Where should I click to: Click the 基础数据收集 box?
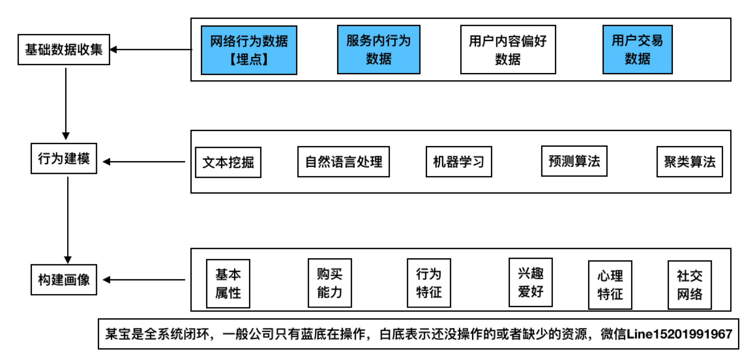64,49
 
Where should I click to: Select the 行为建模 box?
64,158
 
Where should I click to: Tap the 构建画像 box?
64,280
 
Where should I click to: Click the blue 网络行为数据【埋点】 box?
249,50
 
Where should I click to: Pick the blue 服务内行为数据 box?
379,49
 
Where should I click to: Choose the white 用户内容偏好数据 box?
508,49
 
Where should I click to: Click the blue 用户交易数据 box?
638,49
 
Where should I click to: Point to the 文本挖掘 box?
228,162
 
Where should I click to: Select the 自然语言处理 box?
343,162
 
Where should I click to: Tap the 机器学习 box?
459,162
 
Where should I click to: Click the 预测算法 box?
574,161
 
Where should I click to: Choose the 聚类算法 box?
689,162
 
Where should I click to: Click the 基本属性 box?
228,284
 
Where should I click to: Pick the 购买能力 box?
330,283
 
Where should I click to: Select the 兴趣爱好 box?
531,282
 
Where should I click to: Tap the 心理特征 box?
610,285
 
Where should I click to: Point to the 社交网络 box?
689,285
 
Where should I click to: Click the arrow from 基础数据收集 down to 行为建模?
66,104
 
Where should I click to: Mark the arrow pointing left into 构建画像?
144,280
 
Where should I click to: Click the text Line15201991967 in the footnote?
679,334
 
